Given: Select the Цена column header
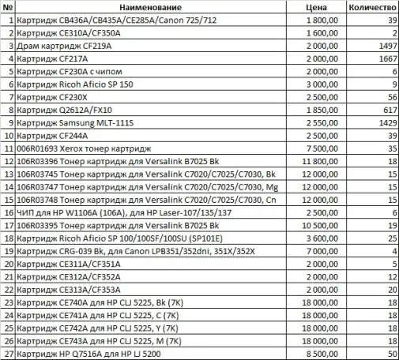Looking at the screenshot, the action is click(316, 6).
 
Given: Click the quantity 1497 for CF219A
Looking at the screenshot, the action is click(384, 46).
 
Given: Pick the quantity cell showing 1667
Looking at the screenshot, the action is click(384, 58).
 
